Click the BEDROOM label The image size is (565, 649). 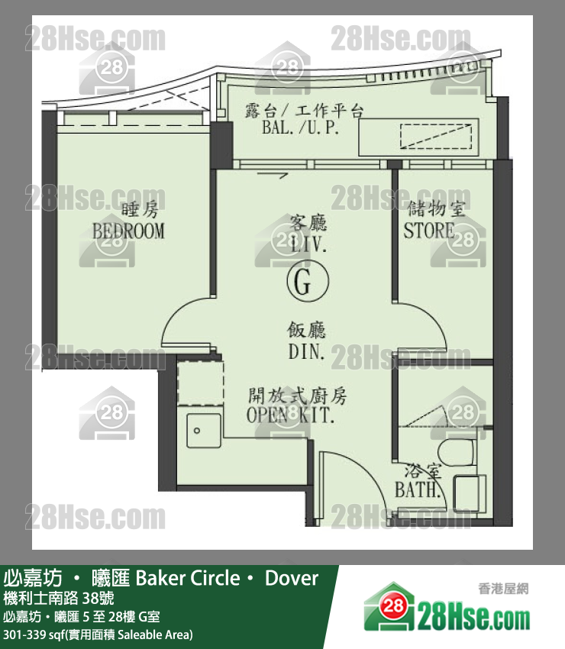[x=128, y=231]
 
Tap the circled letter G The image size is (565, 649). [x=308, y=281]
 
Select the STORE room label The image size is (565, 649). [x=429, y=231]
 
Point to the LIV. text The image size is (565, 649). [x=308, y=244]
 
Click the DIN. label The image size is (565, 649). [x=306, y=352]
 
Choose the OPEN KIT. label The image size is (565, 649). [x=290, y=415]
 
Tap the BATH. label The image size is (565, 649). [x=417, y=489]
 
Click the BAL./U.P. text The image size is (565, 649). [x=301, y=128]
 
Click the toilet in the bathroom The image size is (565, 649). [x=457, y=453]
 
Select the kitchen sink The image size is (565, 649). [x=204, y=431]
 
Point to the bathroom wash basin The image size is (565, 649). [x=470, y=494]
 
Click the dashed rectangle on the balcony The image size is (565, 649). [x=436, y=136]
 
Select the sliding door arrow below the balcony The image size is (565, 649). [x=273, y=176]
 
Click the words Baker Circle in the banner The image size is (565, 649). [x=188, y=578]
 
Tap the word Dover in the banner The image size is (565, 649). [x=292, y=578]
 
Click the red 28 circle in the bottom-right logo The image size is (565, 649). [x=393, y=606]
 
